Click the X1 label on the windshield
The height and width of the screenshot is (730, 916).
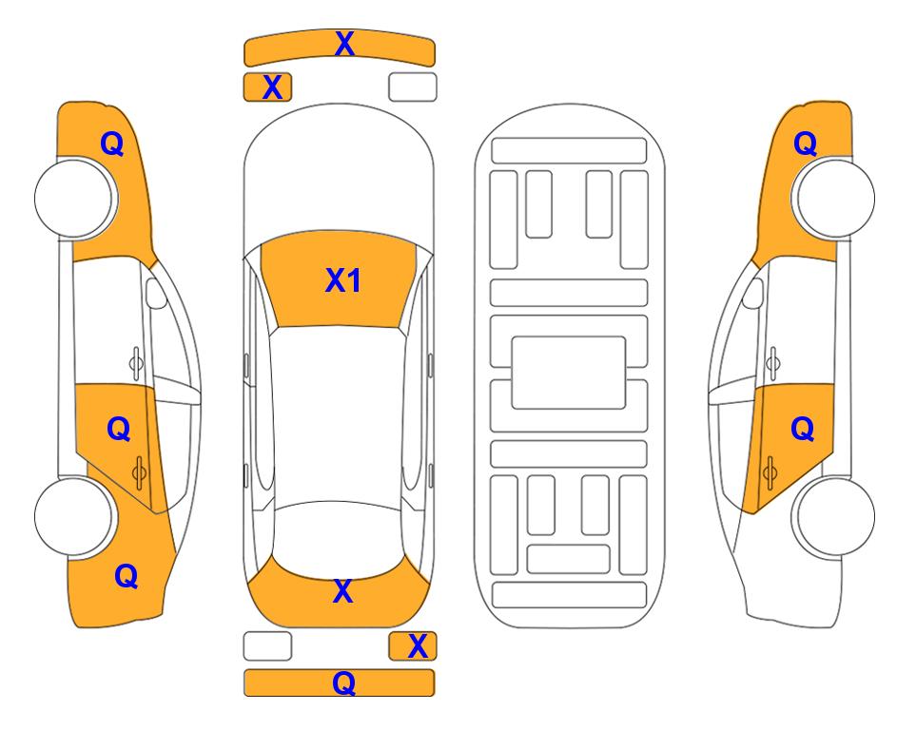(x=343, y=280)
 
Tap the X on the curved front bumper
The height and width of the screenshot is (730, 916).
(x=344, y=44)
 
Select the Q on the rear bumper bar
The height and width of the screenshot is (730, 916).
(x=344, y=682)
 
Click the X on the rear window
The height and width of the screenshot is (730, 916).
(x=343, y=591)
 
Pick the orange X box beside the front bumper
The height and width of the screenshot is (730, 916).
(x=267, y=87)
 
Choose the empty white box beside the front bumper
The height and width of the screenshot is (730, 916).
(x=413, y=87)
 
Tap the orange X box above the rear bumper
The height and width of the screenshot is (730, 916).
(x=413, y=646)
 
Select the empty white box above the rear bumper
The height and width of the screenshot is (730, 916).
(x=267, y=646)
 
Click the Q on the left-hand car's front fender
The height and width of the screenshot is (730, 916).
(x=112, y=144)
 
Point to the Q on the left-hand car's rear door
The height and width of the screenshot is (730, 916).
(x=119, y=430)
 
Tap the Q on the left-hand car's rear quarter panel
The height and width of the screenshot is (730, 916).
(x=127, y=576)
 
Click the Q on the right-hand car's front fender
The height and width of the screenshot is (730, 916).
(x=805, y=144)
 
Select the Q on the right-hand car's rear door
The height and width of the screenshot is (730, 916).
(x=803, y=430)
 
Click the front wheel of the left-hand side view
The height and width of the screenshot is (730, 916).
(x=74, y=198)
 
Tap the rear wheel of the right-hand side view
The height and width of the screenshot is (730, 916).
(x=835, y=516)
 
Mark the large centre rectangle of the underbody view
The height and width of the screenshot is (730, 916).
(x=569, y=373)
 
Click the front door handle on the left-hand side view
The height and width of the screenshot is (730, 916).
(x=136, y=363)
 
